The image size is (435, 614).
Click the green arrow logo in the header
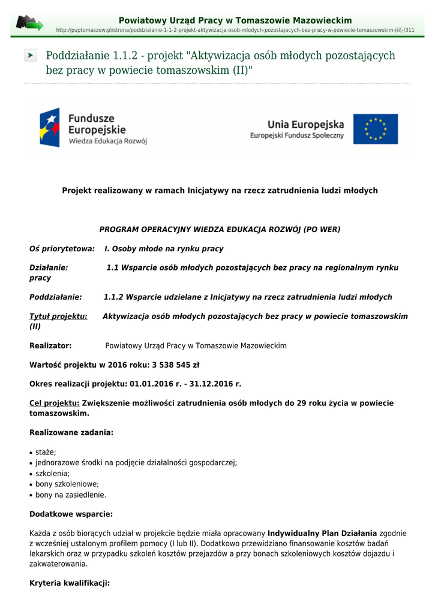29,23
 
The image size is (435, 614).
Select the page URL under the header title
235,30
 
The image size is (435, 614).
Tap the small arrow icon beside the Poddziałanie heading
31,56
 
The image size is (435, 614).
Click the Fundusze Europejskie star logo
50,128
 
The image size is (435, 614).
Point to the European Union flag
375,129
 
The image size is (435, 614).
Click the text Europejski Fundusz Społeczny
297,136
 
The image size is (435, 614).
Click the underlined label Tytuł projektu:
58,316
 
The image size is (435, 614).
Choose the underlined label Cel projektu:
54,403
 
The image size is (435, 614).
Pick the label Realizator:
50,346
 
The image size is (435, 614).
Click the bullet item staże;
46,452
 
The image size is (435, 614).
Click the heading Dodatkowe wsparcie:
71,514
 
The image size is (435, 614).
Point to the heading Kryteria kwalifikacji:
70,582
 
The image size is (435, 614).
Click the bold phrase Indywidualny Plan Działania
322,533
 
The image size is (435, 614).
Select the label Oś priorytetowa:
62,248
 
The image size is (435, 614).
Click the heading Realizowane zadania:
71,432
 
